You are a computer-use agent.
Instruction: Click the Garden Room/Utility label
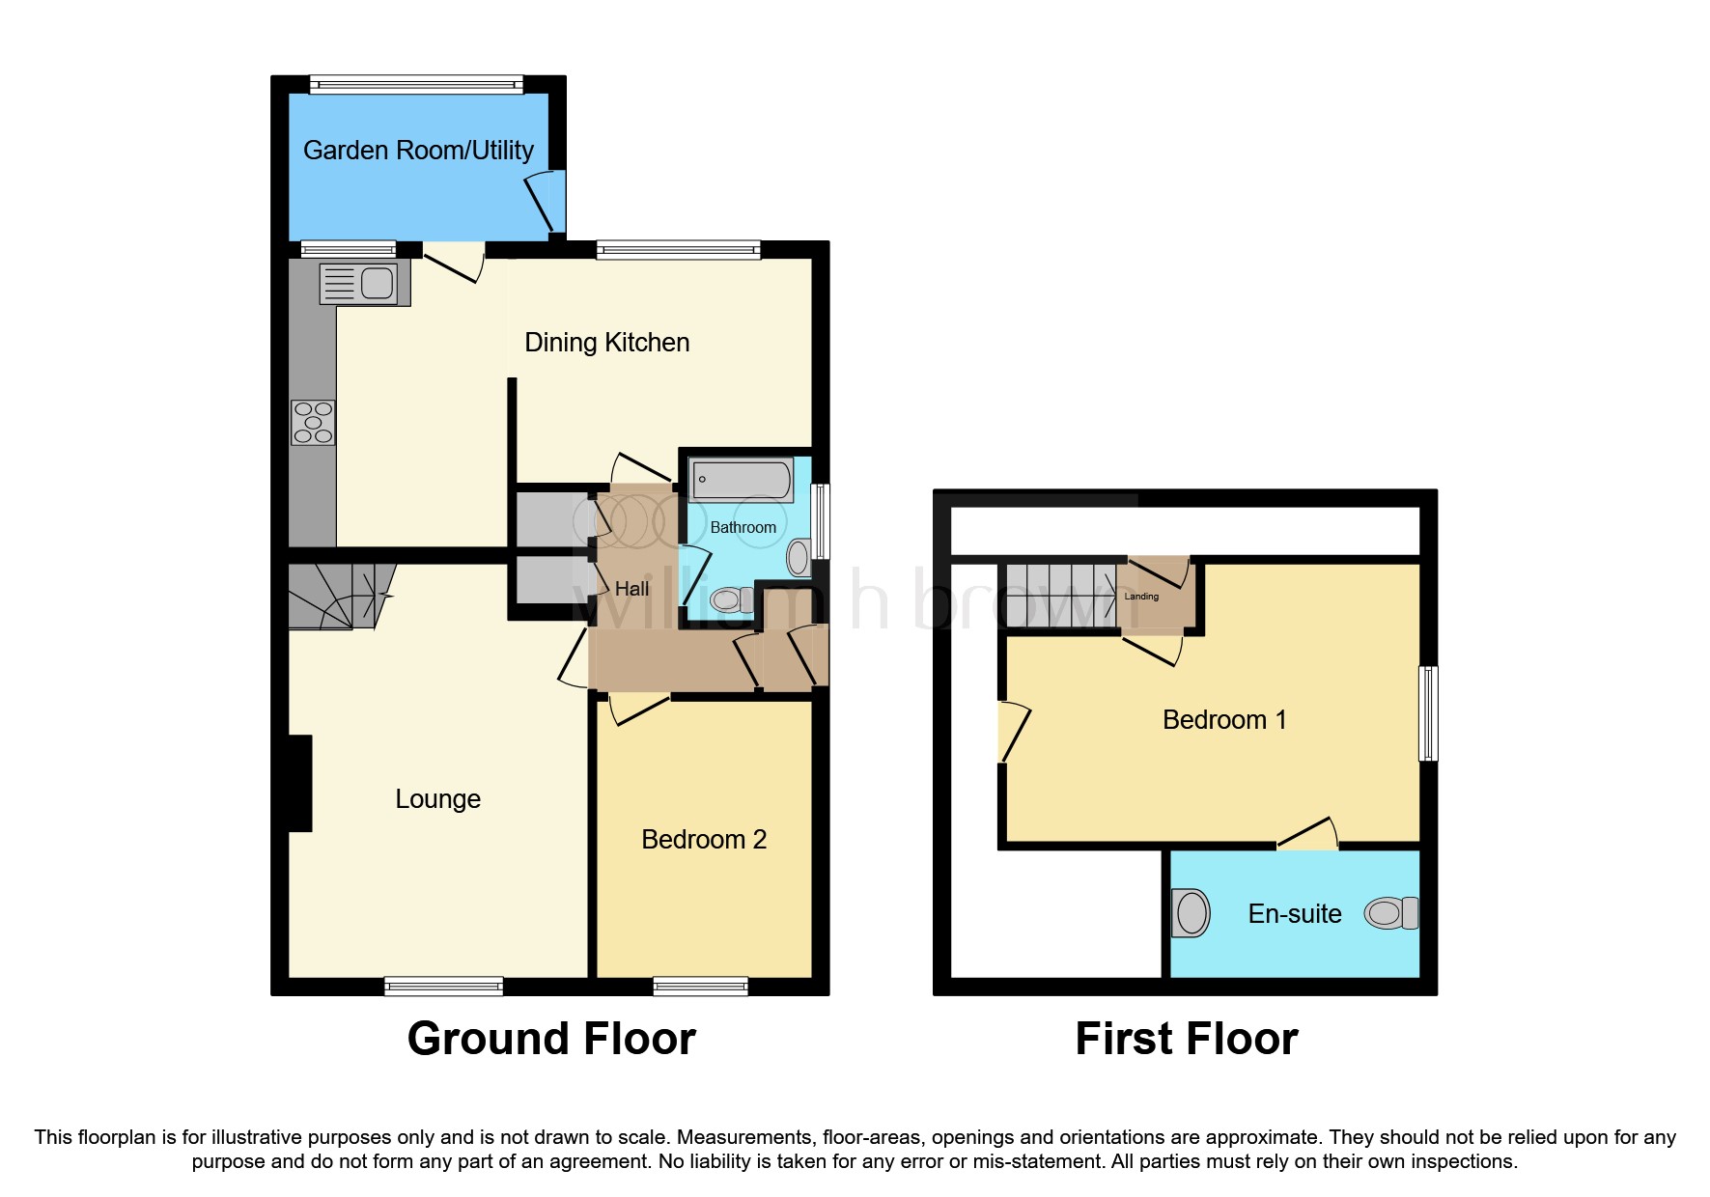[x=418, y=151]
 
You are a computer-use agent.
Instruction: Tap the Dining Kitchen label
[x=606, y=343]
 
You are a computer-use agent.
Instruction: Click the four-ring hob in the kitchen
[x=313, y=423]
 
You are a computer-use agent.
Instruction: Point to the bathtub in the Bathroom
[x=742, y=480]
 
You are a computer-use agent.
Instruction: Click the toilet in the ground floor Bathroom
[x=734, y=600]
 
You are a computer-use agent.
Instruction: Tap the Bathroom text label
[x=743, y=527]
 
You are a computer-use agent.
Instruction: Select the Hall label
[x=631, y=589]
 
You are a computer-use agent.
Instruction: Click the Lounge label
[x=437, y=799]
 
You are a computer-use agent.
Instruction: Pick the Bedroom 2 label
[x=704, y=840]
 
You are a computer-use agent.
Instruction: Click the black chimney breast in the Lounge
[x=300, y=783]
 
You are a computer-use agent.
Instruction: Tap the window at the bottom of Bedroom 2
[x=700, y=986]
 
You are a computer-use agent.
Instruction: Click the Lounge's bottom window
[x=443, y=986]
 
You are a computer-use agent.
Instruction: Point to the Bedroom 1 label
[x=1224, y=720]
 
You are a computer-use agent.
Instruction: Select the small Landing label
[x=1141, y=597]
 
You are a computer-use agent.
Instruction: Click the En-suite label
[x=1295, y=914]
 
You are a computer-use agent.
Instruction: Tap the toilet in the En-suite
[x=1391, y=912]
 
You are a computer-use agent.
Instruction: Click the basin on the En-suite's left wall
[x=1191, y=912]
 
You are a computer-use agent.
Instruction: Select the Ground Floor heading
[x=551, y=1040]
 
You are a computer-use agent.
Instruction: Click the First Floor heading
[x=1187, y=1040]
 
